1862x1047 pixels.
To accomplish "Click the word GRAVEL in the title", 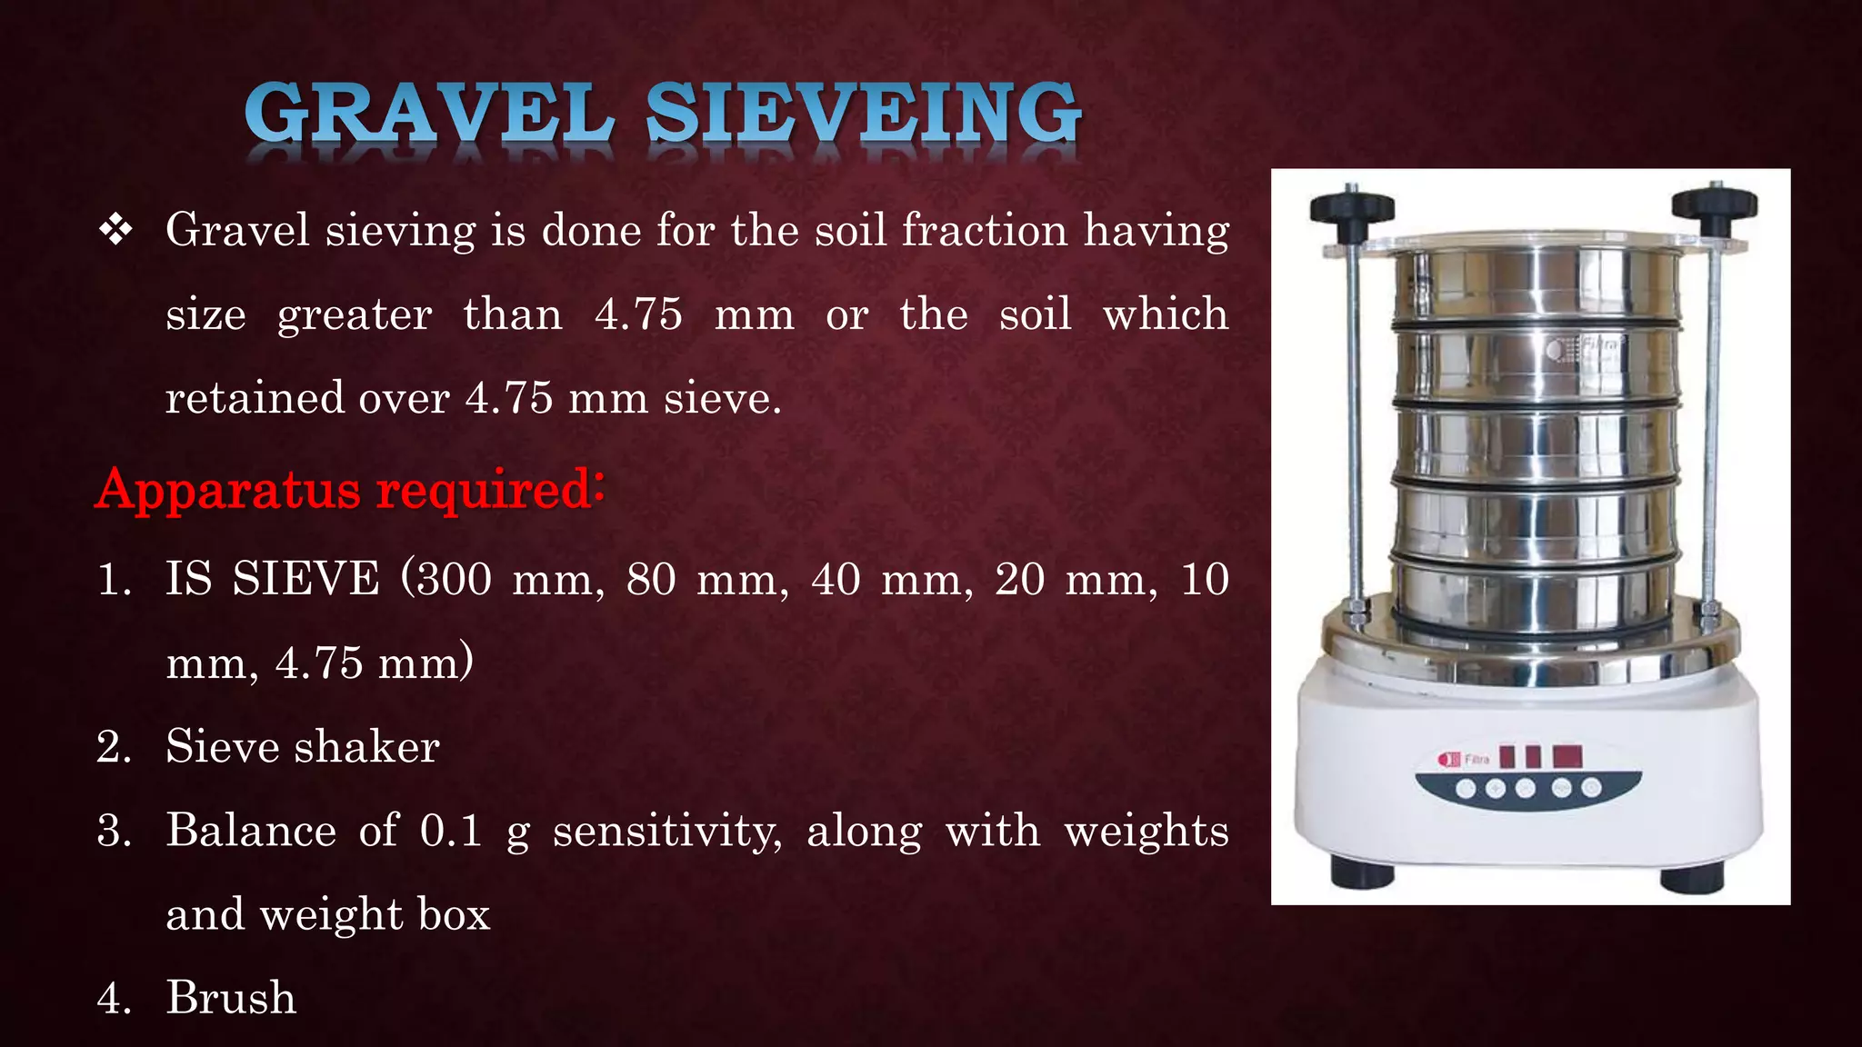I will click(x=429, y=114).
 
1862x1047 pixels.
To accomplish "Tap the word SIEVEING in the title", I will click(x=864, y=114).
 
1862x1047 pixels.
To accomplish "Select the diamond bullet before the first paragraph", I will click(x=115, y=230).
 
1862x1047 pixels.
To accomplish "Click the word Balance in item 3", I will click(x=251, y=831).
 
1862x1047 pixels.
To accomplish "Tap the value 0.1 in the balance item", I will click(x=451, y=831).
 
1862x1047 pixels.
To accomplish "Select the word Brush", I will click(x=231, y=998).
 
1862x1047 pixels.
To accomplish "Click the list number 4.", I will click(x=113, y=998).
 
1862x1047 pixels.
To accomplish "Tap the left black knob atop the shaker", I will click(x=1352, y=208).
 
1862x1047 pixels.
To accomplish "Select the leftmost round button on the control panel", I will click(x=1466, y=788).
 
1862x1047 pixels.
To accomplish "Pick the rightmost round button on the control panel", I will click(x=1591, y=788).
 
